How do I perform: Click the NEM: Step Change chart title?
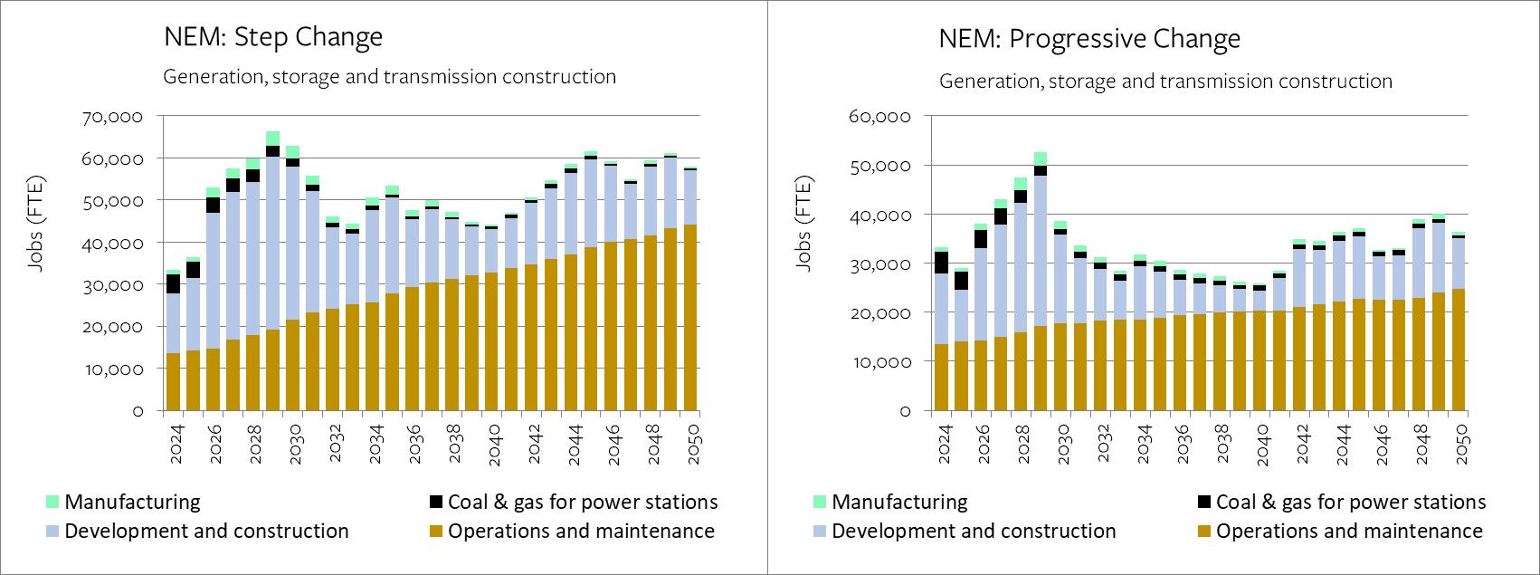point(272,37)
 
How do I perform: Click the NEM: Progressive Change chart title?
point(1088,39)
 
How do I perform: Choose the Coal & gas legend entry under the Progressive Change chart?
point(1350,502)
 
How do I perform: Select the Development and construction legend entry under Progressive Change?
point(974,531)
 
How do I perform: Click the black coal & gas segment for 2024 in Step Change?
point(172,283)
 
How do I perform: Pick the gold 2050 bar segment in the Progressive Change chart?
point(1458,350)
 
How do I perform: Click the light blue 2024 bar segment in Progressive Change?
point(941,308)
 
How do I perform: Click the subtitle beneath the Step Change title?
point(389,77)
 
